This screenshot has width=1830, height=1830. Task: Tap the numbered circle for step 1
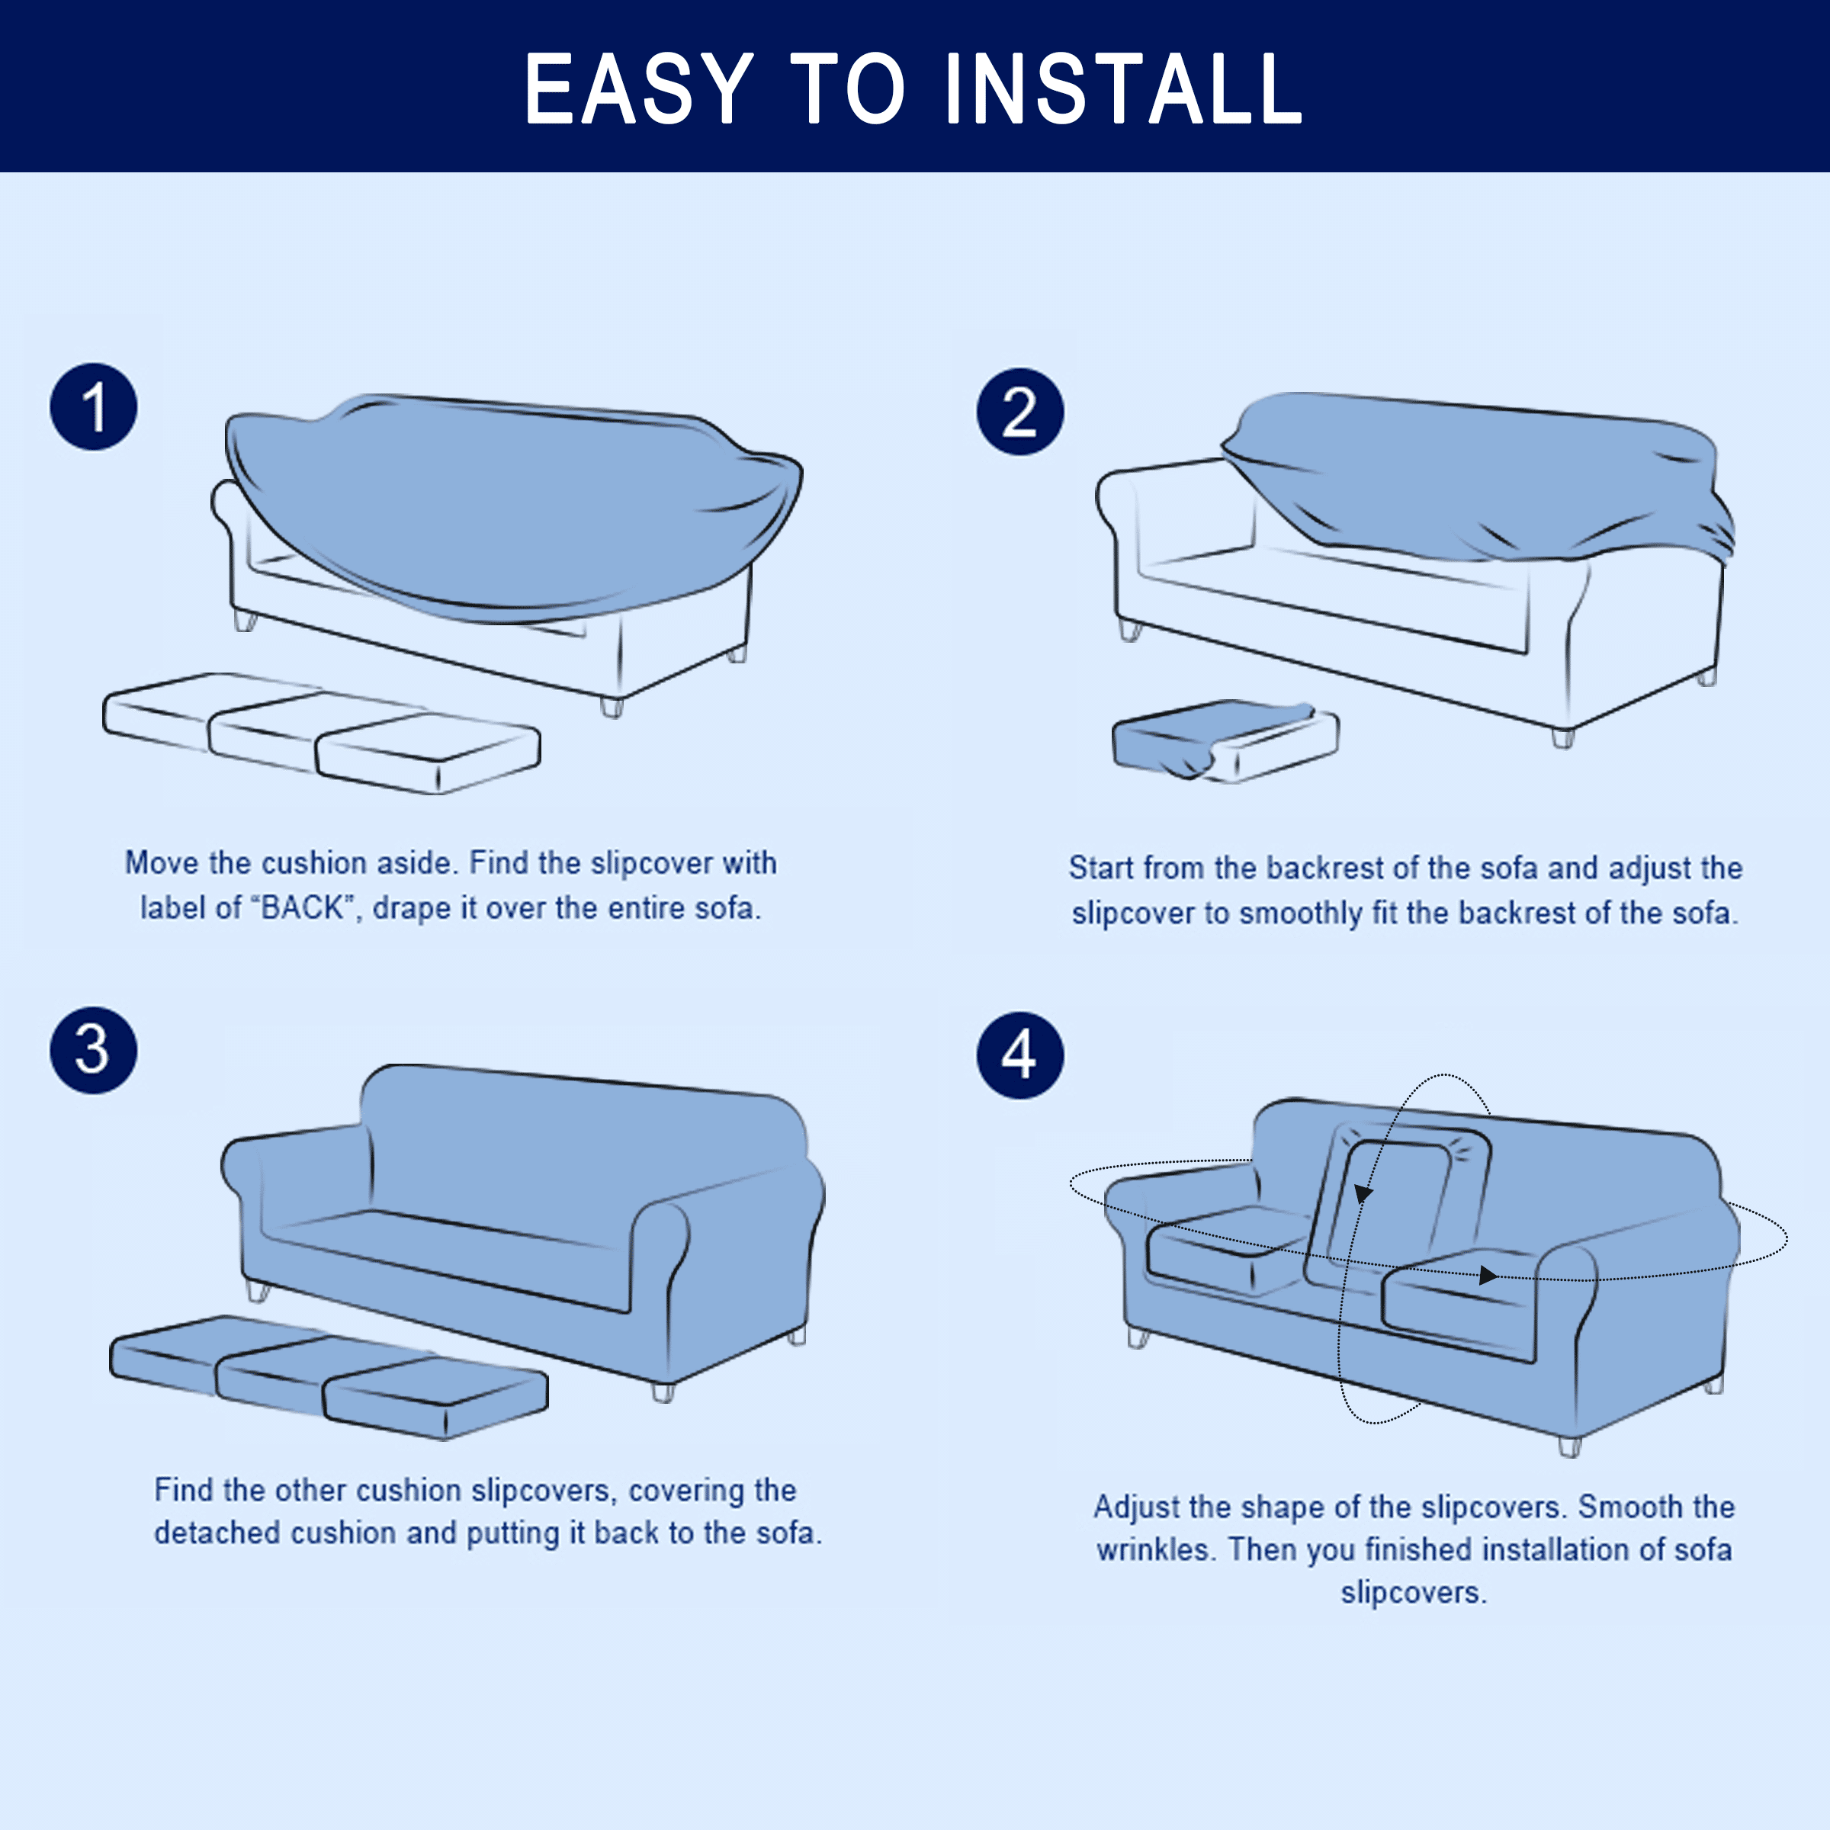coord(94,406)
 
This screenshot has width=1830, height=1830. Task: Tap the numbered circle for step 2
coord(1020,411)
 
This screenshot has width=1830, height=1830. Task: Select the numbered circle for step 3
coord(94,1051)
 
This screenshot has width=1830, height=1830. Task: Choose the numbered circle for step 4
coord(1020,1055)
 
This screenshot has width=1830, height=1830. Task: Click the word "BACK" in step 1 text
coord(302,907)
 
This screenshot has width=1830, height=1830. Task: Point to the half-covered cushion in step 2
coord(1225,740)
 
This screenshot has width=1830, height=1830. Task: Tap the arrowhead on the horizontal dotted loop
coord(1488,1276)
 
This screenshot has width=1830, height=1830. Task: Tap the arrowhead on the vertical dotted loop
coord(1363,1193)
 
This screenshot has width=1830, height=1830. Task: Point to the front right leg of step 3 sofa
coord(663,1392)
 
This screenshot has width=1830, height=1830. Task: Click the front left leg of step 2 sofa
coord(1130,630)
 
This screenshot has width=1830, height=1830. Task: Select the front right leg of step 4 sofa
coord(1569,1446)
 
